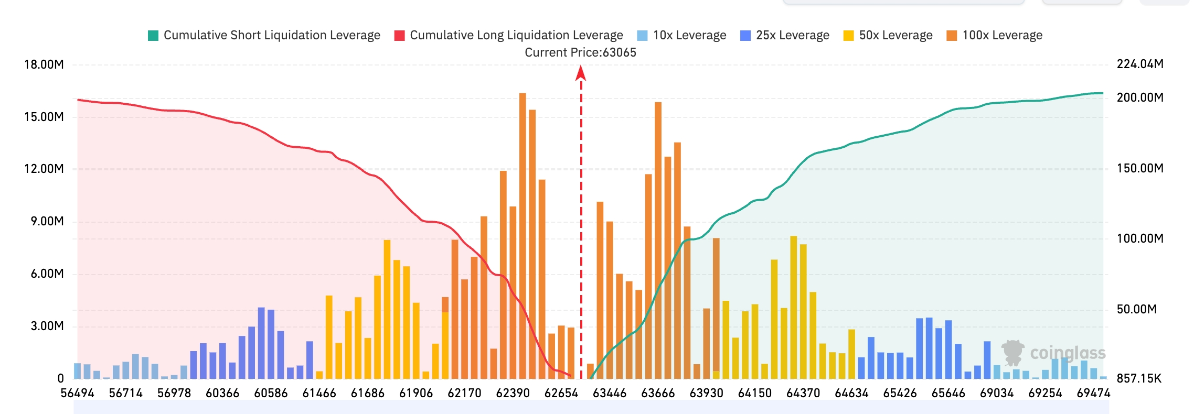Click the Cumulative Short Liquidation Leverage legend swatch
pyautogui.click(x=153, y=36)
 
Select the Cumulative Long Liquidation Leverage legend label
pyautogui.click(x=516, y=35)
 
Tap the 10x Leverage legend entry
pyautogui.click(x=681, y=35)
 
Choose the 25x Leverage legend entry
pyautogui.click(x=785, y=35)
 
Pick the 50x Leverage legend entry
pyautogui.click(x=888, y=35)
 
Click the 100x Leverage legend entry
pyautogui.click(x=994, y=35)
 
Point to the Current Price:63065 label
pyautogui.click(x=580, y=52)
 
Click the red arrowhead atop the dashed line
pyautogui.click(x=581, y=73)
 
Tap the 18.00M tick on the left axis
pyautogui.click(x=44, y=64)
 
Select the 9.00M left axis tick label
pyautogui.click(x=47, y=221)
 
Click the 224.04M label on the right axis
pyautogui.click(x=1140, y=64)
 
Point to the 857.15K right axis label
pyautogui.click(x=1139, y=378)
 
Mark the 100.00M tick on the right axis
pyautogui.click(x=1140, y=238)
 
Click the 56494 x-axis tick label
pyautogui.click(x=77, y=393)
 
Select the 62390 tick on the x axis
pyautogui.click(x=513, y=393)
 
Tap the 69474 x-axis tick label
pyautogui.click(x=1093, y=393)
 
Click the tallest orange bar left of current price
pyautogui.click(x=523, y=236)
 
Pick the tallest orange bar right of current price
pyautogui.click(x=658, y=241)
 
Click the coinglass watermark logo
pyautogui.click(x=1053, y=353)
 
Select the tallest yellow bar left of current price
pyautogui.click(x=387, y=309)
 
